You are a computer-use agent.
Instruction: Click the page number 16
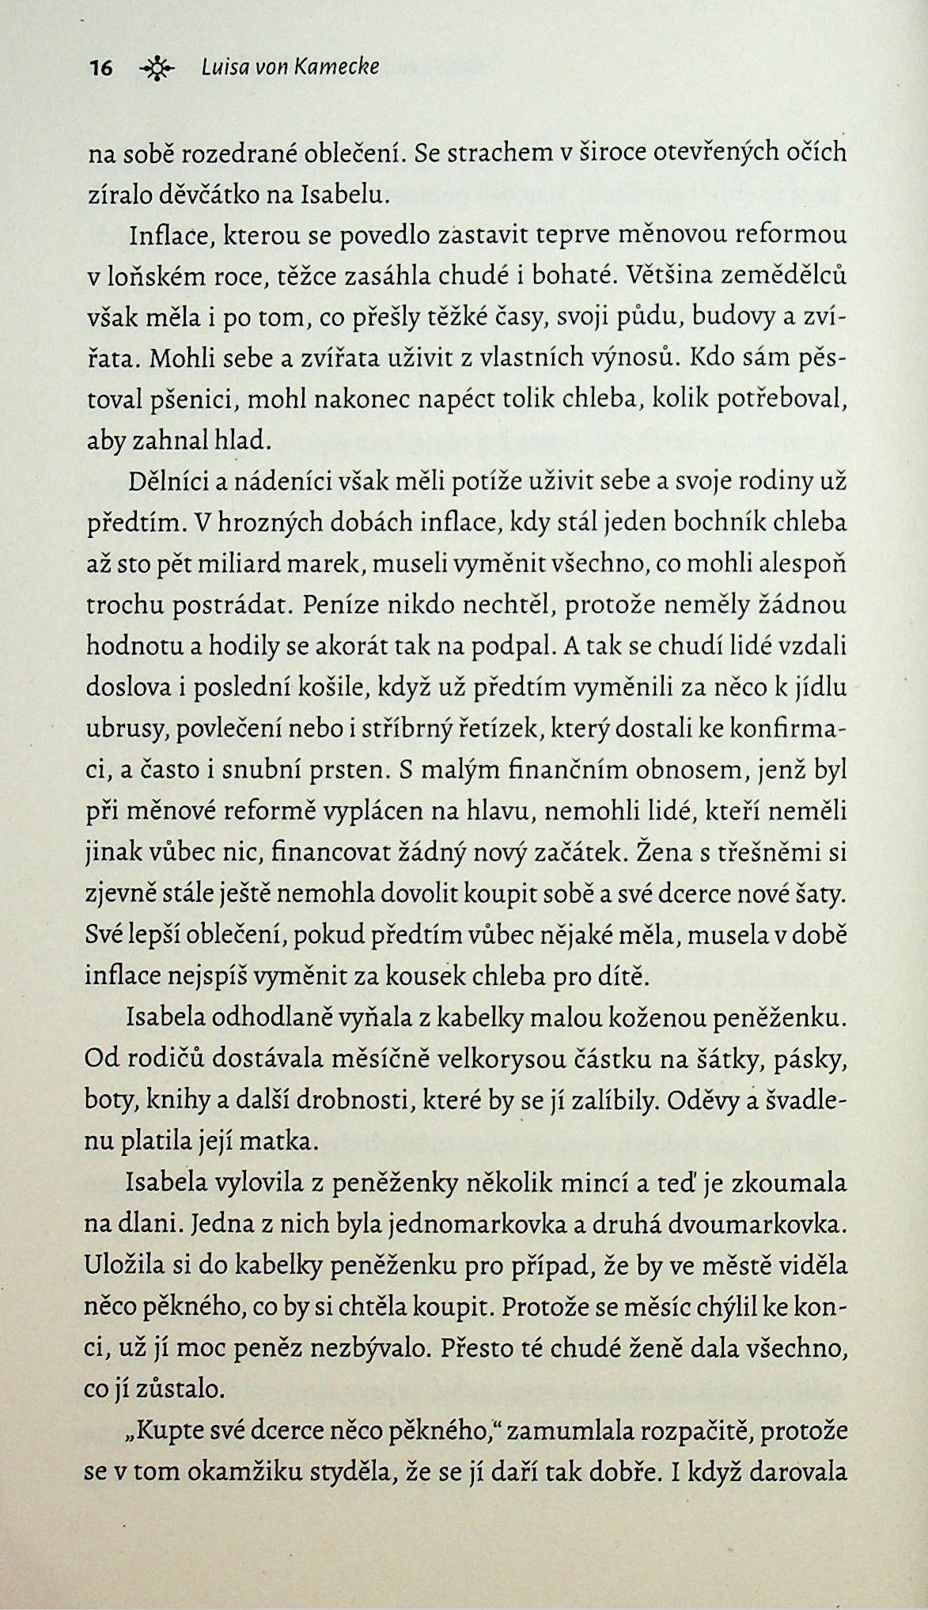[x=100, y=69]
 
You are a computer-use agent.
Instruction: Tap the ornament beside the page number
[x=156, y=70]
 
